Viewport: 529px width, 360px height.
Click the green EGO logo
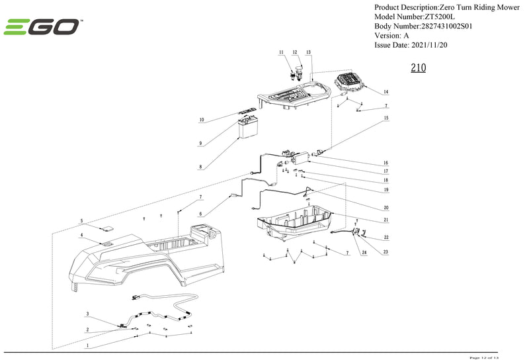coord(42,28)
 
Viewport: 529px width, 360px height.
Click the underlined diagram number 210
coord(418,68)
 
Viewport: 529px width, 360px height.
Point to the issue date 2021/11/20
coord(430,45)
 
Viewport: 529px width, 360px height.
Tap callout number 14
coord(386,91)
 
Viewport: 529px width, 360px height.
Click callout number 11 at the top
coord(281,52)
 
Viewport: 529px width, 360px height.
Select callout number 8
coord(200,167)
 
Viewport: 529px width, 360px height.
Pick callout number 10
coord(201,120)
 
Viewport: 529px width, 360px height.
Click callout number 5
coord(82,221)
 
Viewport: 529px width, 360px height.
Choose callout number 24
coord(362,252)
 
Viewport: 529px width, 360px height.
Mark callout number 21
coord(386,220)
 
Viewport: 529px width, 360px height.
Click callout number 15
coord(386,118)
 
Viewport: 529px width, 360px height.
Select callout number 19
coord(386,189)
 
